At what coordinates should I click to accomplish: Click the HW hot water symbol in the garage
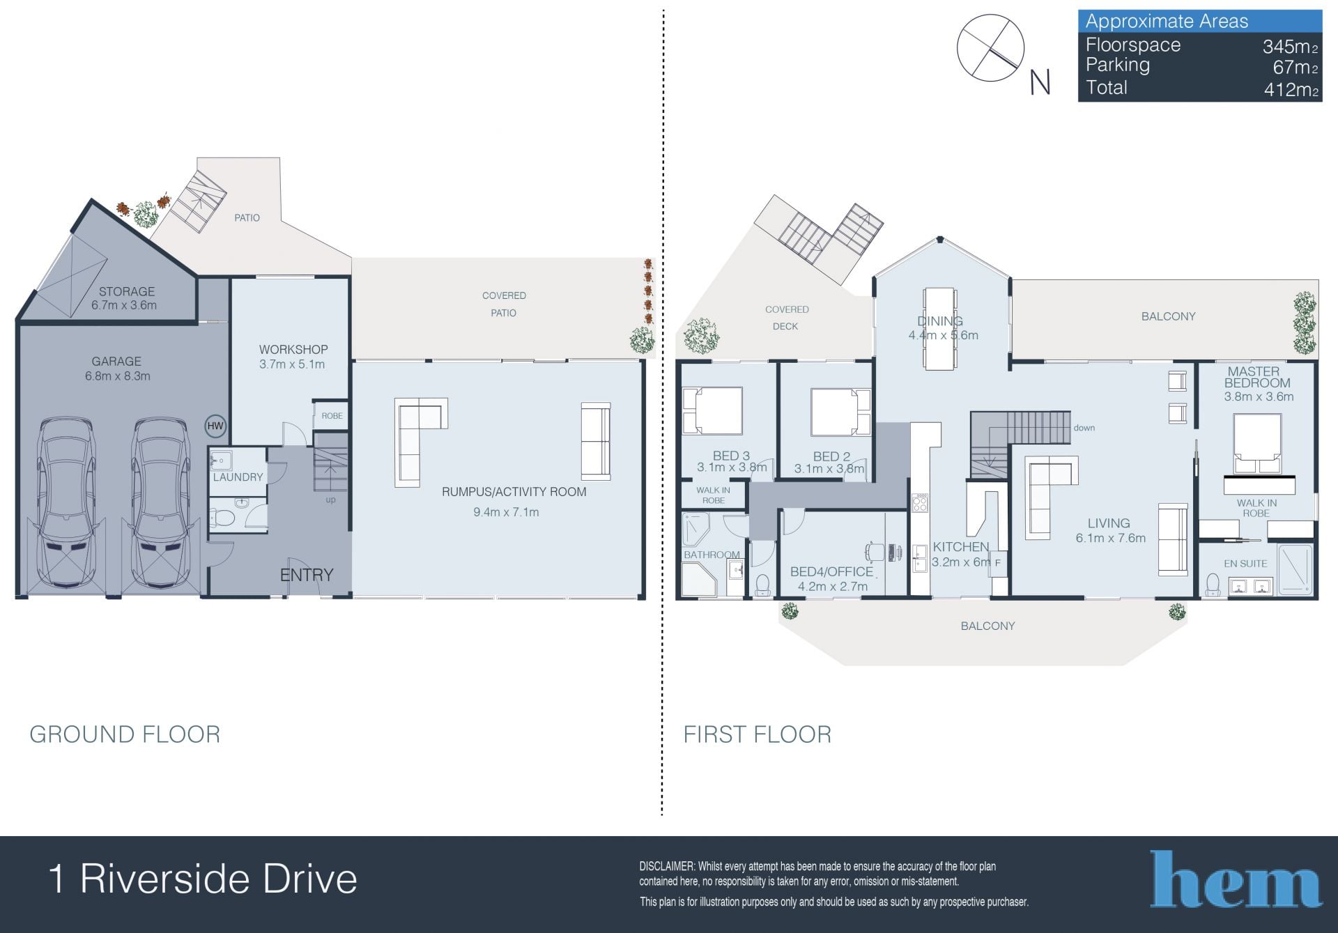click(215, 426)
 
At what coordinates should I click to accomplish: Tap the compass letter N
click(1040, 83)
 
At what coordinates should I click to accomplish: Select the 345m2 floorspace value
click(1290, 47)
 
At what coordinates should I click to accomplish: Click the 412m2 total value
click(1291, 89)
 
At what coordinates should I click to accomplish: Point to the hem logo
click(1235, 879)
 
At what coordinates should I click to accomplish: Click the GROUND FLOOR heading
click(125, 734)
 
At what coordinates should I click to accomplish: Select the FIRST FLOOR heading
click(758, 734)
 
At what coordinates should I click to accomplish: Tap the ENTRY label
click(307, 575)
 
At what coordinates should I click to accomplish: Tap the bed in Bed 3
click(712, 411)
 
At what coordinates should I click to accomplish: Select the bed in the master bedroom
click(1258, 444)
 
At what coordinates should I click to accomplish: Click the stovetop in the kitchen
click(920, 502)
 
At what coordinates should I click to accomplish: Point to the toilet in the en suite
click(1213, 584)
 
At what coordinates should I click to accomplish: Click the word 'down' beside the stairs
click(1084, 428)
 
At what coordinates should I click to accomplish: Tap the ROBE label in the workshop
click(332, 416)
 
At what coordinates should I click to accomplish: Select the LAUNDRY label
click(238, 477)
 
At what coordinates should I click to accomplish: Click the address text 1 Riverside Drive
click(203, 879)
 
